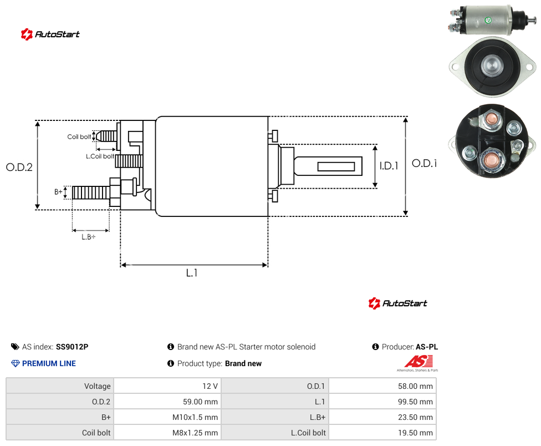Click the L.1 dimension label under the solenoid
point(191,273)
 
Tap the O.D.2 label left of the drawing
point(19,167)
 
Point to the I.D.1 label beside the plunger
point(389,166)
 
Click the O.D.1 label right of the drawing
point(425,163)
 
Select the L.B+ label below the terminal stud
point(89,237)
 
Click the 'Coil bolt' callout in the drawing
point(79,136)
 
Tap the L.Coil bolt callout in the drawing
point(100,156)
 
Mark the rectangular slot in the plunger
point(336,167)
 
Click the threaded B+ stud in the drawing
point(91,192)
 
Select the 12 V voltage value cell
point(210,386)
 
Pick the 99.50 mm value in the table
point(415,402)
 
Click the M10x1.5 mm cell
point(195,417)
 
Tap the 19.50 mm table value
point(415,433)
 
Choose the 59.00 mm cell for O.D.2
point(200,402)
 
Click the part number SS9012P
point(72,347)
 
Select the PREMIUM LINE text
point(49,363)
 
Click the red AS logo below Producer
point(418,362)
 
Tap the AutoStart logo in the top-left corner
point(50,34)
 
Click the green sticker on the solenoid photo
point(488,20)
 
